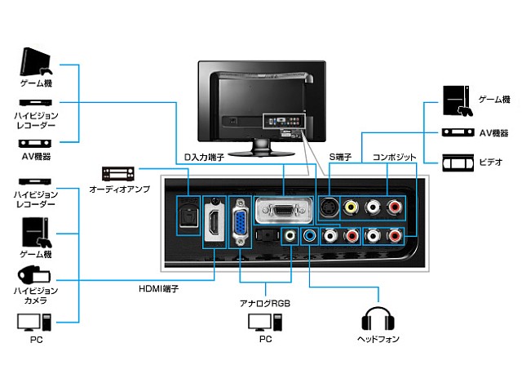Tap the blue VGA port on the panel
pos(241,222)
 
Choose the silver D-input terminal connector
pos(283,210)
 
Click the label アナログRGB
pos(264,302)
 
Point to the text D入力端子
pos(205,158)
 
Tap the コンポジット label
pos(395,157)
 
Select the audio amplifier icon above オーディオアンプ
pos(117,174)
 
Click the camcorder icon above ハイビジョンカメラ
pos(33,275)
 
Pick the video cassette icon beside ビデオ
pos(458,163)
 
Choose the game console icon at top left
pos(34,63)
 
